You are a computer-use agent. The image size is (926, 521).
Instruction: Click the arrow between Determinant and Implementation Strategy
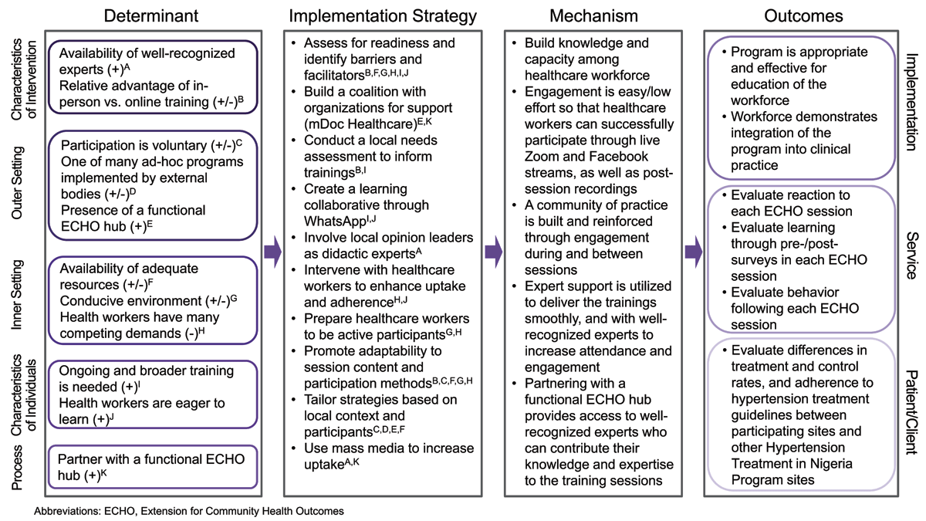coord(271,251)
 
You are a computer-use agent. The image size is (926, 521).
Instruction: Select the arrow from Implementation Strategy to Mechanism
coord(492,251)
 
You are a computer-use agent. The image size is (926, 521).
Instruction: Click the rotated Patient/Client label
coord(911,417)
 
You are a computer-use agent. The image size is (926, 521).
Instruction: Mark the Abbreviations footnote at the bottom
coord(189,510)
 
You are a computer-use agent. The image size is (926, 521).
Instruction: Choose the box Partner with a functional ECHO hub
coord(152,466)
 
